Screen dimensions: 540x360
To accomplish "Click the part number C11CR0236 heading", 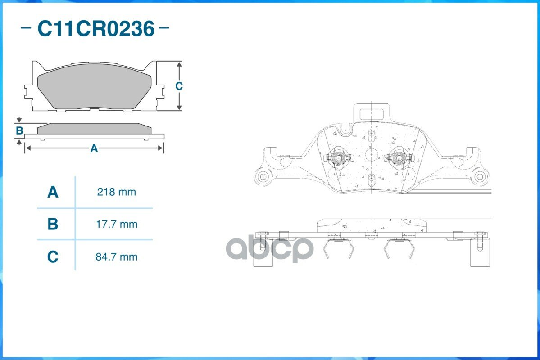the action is click(96, 28).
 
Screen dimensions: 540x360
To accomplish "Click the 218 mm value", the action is click(116, 192).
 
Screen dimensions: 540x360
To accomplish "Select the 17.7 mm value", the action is click(116, 224).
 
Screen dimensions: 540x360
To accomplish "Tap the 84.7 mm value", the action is click(116, 257).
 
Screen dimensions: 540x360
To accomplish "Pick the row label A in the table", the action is click(53, 192).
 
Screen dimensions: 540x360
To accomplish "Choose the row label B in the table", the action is click(53, 224).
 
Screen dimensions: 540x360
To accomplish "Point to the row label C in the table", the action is click(53, 257).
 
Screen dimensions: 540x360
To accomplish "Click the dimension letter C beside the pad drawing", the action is click(179, 85).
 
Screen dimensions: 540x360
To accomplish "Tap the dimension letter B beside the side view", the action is click(19, 130).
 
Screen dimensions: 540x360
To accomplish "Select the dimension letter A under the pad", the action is click(94, 148).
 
